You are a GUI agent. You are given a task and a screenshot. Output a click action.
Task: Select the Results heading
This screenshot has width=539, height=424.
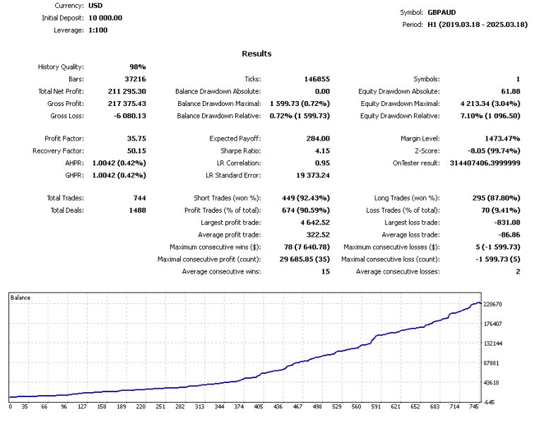click(x=256, y=54)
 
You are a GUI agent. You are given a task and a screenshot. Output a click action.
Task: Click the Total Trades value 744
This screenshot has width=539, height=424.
click(x=138, y=199)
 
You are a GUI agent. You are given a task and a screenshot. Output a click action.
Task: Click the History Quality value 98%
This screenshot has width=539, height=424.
click(x=137, y=67)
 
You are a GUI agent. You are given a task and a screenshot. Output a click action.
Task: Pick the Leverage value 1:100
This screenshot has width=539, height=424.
click(x=99, y=30)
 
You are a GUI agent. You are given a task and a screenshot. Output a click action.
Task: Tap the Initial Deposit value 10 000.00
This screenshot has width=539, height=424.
click(x=105, y=18)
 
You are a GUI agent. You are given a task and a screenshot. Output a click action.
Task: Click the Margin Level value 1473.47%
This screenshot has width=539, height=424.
click(x=499, y=139)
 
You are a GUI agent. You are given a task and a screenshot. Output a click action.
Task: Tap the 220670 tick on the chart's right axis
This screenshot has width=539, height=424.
click(x=492, y=305)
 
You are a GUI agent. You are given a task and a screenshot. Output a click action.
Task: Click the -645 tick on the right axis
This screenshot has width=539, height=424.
click(x=489, y=402)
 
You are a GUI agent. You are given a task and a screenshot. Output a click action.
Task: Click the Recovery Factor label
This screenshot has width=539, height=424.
click(x=57, y=151)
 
